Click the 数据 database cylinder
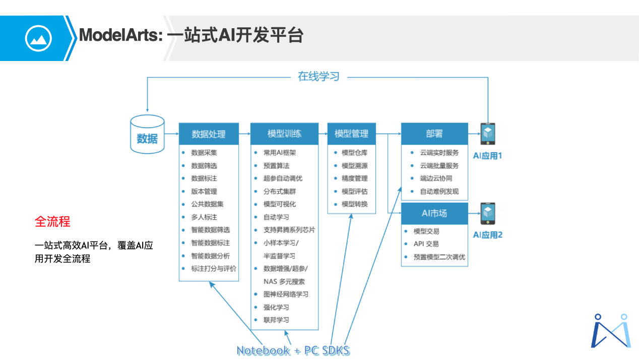coord(147,135)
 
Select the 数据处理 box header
coord(209,134)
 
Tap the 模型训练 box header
coord(284,134)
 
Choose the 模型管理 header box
coord(351,134)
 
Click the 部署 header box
coord(434,134)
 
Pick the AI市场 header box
coord(434,213)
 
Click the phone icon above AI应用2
coord(488,214)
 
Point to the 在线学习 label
coord(318,77)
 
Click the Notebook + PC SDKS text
coord(293,350)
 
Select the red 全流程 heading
coord(52,221)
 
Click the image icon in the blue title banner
coord(38,38)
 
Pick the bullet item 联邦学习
coord(276,320)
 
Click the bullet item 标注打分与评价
coord(214,269)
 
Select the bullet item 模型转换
coord(355,204)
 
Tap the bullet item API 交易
coord(426,244)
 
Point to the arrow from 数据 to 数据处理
coord(172,134)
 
